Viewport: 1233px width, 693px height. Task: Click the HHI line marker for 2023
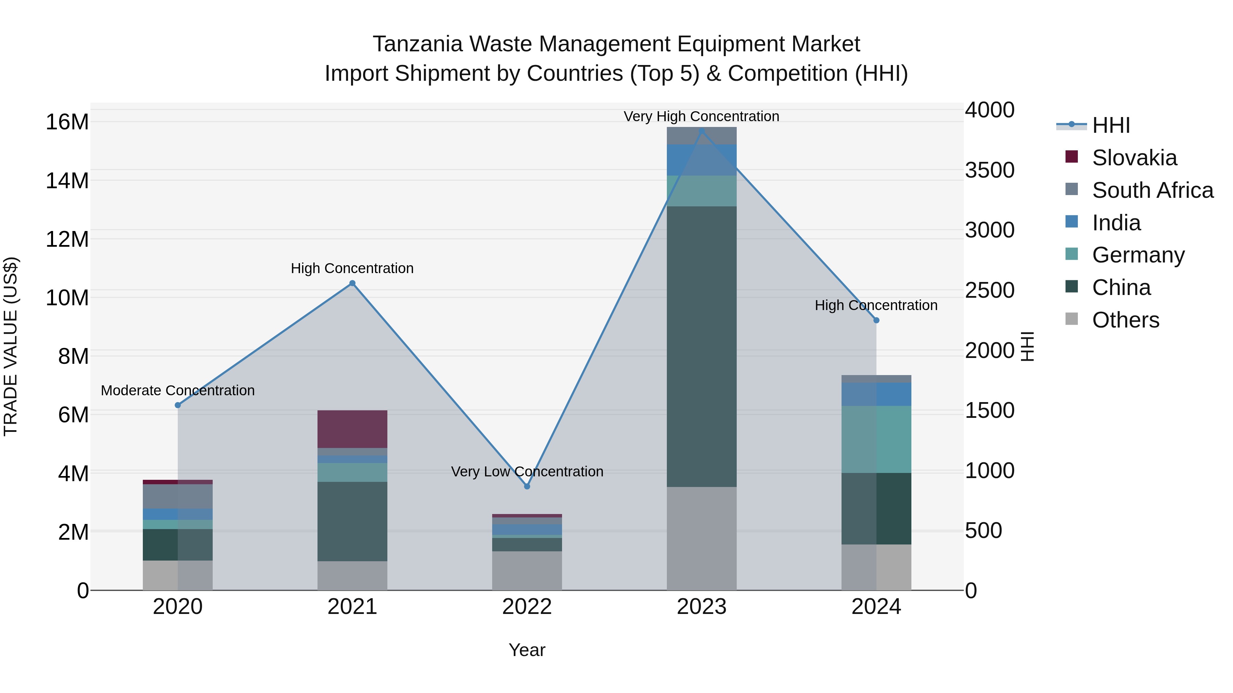click(702, 131)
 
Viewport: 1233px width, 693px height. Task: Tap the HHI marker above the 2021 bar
click(352, 283)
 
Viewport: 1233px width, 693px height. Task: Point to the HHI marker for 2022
click(527, 486)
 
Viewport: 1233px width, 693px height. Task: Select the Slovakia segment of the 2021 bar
click(352, 429)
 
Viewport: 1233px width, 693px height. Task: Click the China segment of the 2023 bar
click(702, 346)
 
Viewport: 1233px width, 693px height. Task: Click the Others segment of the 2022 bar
click(527, 570)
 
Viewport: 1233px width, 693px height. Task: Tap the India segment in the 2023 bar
click(702, 160)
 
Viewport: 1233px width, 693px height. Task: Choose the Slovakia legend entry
click(1134, 158)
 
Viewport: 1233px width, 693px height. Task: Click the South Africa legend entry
click(1152, 190)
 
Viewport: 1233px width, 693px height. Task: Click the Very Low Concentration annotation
click(527, 472)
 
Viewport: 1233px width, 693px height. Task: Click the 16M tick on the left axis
click(67, 122)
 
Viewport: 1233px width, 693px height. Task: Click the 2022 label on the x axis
click(527, 607)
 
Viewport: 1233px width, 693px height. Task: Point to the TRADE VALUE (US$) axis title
click(11, 346)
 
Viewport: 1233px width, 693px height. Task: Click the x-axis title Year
click(527, 650)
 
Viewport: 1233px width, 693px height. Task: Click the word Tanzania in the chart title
click(418, 44)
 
